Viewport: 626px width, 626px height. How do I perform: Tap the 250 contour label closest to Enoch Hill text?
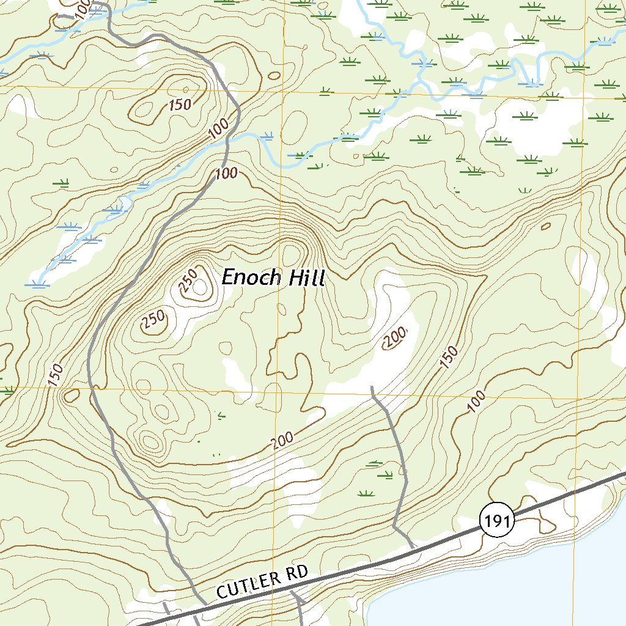[x=188, y=280]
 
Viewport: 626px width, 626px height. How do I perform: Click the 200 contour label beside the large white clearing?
[x=396, y=337]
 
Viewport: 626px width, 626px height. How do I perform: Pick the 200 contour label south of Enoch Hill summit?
[x=282, y=440]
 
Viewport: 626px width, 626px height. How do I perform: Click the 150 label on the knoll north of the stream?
[x=180, y=105]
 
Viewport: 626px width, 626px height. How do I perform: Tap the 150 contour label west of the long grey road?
[x=54, y=375]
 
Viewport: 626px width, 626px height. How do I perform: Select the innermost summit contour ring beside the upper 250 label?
[x=199, y=291]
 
